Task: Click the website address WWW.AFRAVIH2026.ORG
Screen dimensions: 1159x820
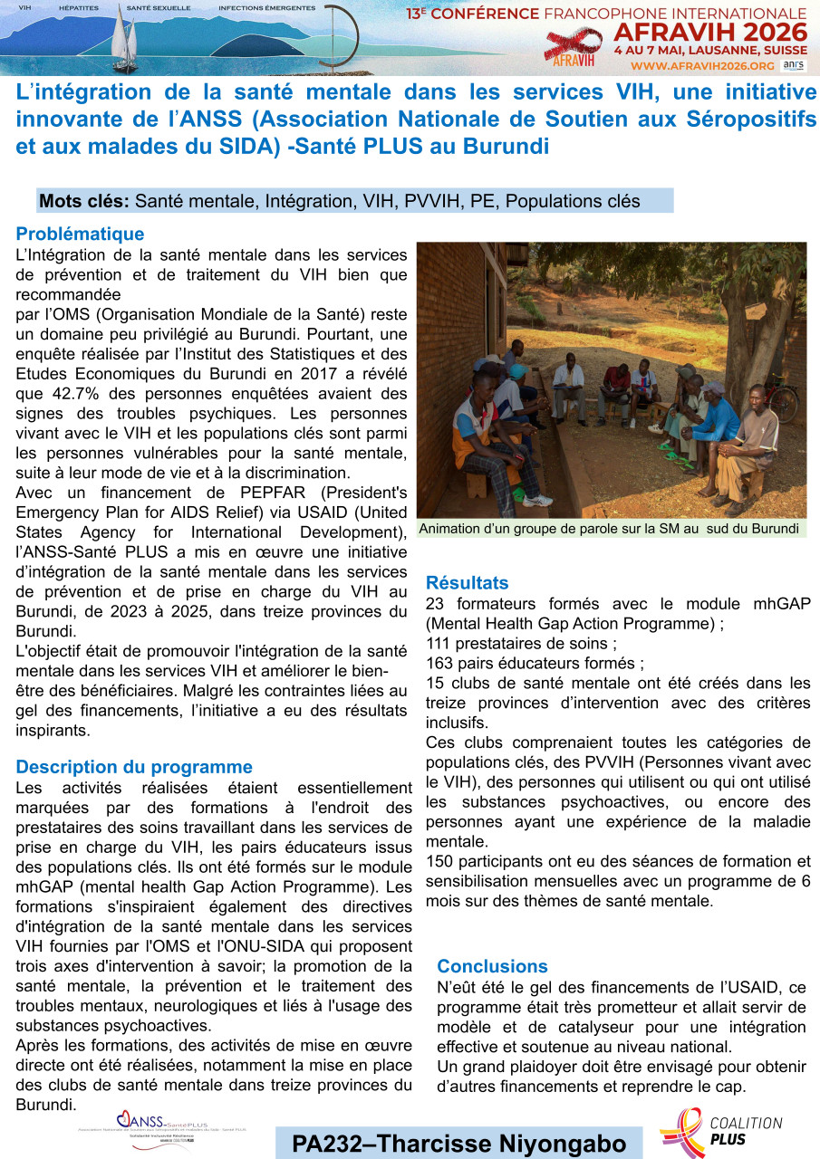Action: coord(702,66)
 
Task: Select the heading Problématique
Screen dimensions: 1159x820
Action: coord(80,235)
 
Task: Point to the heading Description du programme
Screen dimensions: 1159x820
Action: coord(134,767)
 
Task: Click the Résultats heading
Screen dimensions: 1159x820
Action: coord(467,583)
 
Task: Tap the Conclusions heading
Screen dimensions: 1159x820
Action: coord(492,966)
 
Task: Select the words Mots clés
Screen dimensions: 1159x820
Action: coord(84,201)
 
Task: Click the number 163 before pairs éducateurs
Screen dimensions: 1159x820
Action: coord(439,663)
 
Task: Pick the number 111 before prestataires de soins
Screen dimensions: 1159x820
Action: coord(439,643)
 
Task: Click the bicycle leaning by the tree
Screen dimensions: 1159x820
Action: coord(781,398)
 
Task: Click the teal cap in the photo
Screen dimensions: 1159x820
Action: coord(517,370)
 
